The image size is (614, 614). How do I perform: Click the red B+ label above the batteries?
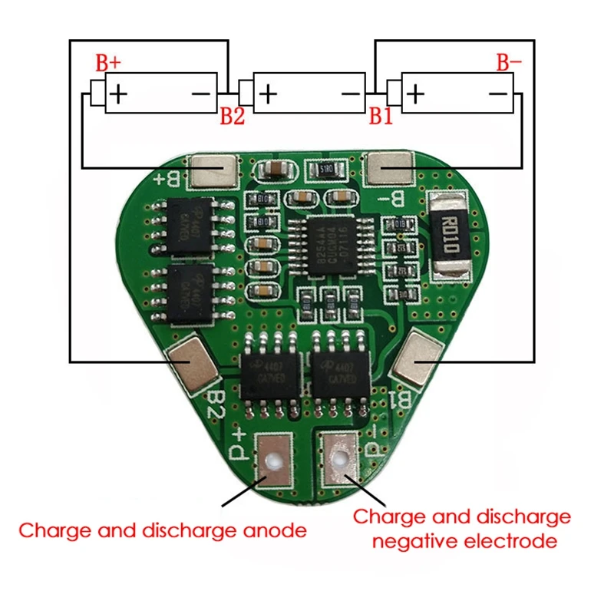pyautogui.click(x=107, y=63)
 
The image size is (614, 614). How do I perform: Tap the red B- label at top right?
pyautogui.click(x=506, y=63)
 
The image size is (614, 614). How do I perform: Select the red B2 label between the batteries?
pyautogui.click(x=232, y=116)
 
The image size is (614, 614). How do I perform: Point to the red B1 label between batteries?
pyautogui.click(x=381, y=116)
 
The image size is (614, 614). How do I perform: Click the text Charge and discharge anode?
pyautogui.click(x=163, y=530)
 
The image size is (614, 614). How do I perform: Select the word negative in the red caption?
pyautogui.click(x=416, y=542)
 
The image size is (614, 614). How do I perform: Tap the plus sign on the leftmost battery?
pyautogui.click(x=118, y=94)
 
